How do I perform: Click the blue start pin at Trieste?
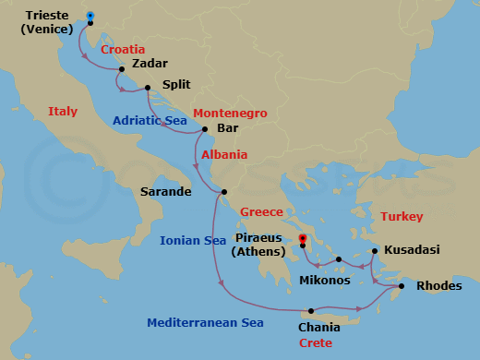pyautogui.click(x=90, y=17)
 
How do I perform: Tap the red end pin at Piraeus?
pyautogui.click(x=302, y=242)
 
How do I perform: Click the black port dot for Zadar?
pyautogui.click(x=122, y=69)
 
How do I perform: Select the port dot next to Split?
pyautogui.click(x=148, y=89)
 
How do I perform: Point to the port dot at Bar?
pyautogui.click(x=205, y=128)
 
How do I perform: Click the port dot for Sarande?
pyautogui.click(x=224, y=192)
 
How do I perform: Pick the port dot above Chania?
pyautogui.click(x=311, y=310)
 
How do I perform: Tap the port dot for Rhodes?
pyautogui.click(x=402, y=287)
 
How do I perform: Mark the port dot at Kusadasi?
pyautogui.click(x=374, y=250)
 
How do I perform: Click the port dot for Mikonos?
pyautogui.click(x=339, y=259)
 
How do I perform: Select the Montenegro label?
pyautogui.click(x=231, y=113)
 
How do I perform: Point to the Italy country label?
pyautogui.click(x=62, y=111)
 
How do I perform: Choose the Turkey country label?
pyautogui.click(x=402, y=217)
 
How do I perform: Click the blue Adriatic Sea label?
pyautogui.click(x=150, y=121)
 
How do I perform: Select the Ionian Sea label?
pyautogui.click(x=193, y=240)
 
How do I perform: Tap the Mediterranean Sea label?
pyautogui.click(x=205, y=323)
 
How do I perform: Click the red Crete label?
pyautogui.click(x=316, y=342)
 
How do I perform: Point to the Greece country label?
pyautogui.click(x=261, y=211)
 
